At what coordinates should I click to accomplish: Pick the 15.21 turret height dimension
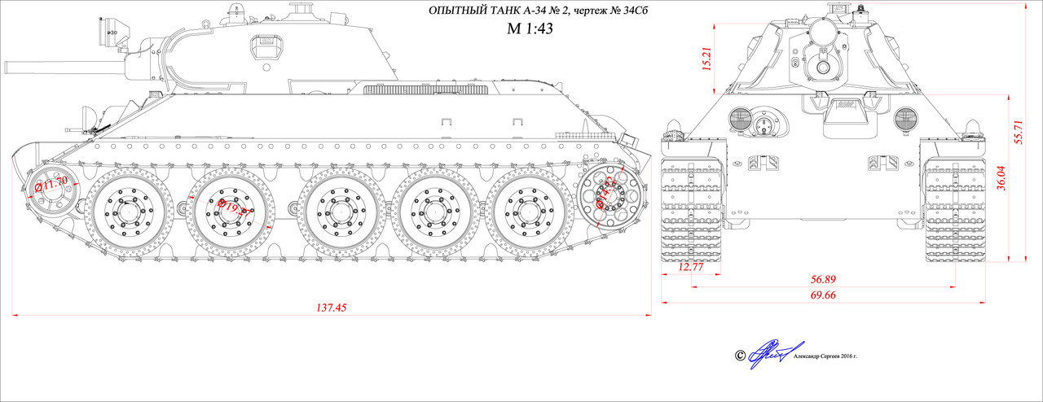pyautogui.click(x=706, y=58)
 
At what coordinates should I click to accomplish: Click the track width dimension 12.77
pyautogui.click(x=691, y=267)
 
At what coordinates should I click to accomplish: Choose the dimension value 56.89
pyautogui.click(x=823, y=279)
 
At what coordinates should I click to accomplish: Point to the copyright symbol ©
pyautogui.click(x=740, y=356)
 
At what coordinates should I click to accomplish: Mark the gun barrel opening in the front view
pyautogui.click(x=825, y=67)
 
